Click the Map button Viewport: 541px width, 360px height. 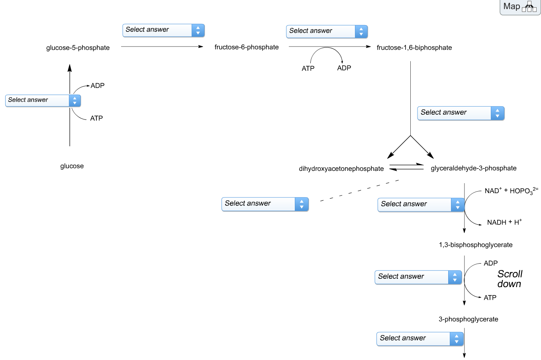point(519,7)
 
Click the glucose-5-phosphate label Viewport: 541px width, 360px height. point(78,48)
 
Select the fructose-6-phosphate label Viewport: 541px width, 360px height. point(246,47)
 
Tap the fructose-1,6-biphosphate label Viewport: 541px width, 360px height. point(414,48)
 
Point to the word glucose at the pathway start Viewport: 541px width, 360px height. point(72,166)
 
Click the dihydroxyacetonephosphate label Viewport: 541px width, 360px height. point(341,169)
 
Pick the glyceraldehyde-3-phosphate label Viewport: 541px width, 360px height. point(473,168)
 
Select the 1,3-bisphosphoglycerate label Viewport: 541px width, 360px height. point(475,245)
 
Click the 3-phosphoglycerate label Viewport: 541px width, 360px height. point(468,319)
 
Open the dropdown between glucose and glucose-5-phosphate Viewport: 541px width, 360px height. point(43,100)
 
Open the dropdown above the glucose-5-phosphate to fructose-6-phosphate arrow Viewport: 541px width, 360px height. point(163,30)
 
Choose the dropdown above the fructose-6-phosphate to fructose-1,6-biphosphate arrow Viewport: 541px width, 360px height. point(327,31)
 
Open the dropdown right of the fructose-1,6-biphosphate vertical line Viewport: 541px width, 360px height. point(461,113)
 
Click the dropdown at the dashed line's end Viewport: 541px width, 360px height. point(265,204)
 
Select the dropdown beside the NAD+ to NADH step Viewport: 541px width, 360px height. point(421,205)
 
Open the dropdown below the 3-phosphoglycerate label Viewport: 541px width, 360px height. point(420,339)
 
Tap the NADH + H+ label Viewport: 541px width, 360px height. point(504,222)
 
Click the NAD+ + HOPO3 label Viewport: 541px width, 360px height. point(511,191)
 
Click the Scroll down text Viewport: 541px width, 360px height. point(510,279)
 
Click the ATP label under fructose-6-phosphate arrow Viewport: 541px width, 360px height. point(308,68)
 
